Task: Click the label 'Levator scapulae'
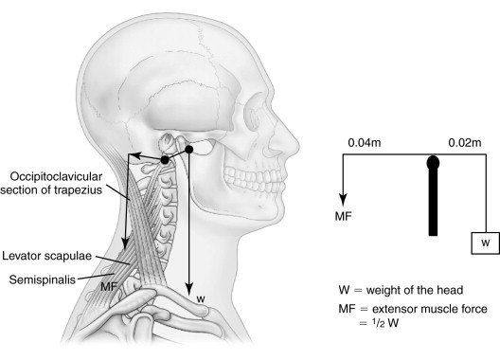point(47,256)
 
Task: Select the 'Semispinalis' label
point(43,279)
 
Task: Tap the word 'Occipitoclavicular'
point(56,176)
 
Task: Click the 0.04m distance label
point(365,142)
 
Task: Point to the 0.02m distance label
point(465,142)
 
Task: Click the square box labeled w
point(486,243)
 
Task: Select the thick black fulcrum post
point(433,201)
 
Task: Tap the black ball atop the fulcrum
point(433,162)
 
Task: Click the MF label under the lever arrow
point(343,216)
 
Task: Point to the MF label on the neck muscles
point(109,287)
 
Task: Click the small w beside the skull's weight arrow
point(201,299)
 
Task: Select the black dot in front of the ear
point(189,149)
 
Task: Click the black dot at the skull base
point(165,160)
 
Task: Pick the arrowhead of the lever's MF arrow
point(343,201)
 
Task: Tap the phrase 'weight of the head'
point(415,290)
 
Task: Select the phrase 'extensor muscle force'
point(430,309)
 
